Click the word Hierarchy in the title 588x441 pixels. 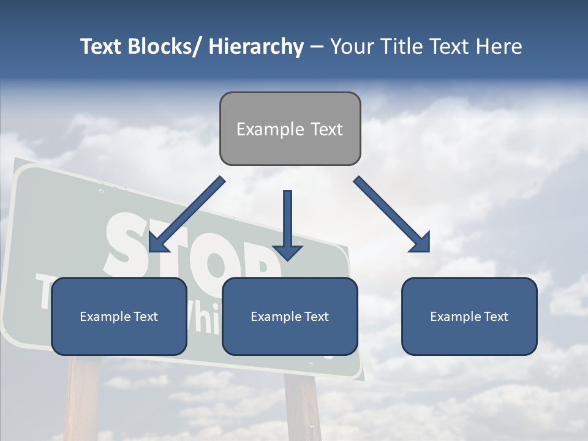coord(256,47)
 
